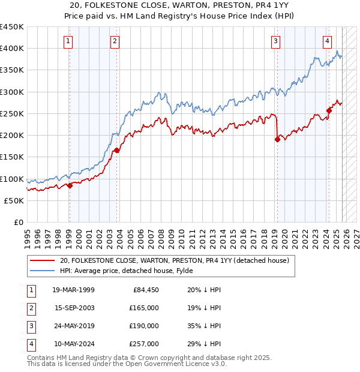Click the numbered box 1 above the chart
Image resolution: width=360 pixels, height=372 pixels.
(x=68, y=41)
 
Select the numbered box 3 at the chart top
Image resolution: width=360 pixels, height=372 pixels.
(x=275, y=41)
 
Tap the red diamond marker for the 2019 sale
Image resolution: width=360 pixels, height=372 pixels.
(x=277, y=140)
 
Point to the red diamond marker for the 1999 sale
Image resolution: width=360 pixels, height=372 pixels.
(x=70, y=185)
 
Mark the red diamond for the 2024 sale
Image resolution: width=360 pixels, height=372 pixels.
(x=329, y=110)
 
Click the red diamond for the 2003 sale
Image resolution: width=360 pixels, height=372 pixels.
(x=116, y=151)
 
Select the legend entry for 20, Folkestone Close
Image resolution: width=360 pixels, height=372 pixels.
(x=175, y=260)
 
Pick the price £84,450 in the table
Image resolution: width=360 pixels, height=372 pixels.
(x=144, y=290)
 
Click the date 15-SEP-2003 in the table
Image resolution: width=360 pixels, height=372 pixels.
(x=73, y=308)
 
